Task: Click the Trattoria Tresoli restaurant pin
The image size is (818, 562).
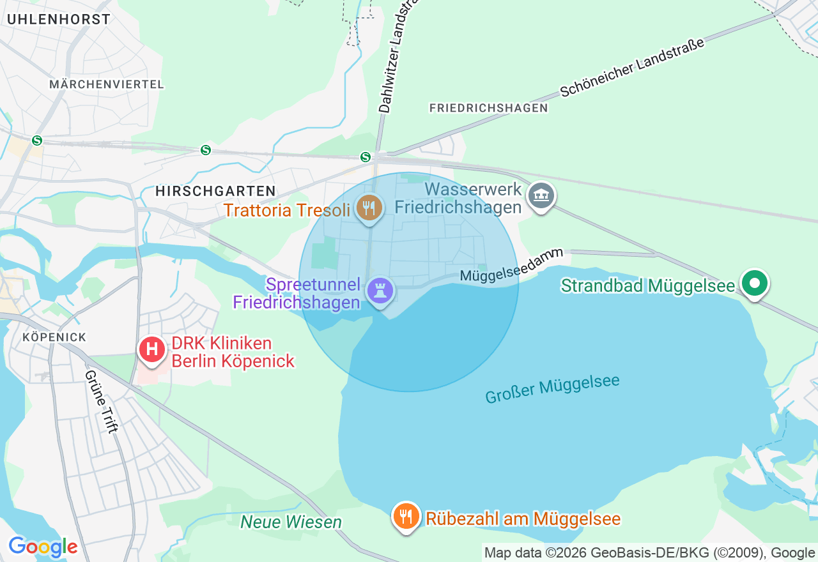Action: [x=369, y=208]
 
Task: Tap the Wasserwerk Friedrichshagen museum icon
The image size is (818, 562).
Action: [x=541, y=196]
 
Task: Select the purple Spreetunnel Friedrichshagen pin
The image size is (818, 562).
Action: [x=380, y=292]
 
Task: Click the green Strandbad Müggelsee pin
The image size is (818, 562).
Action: [x=755, y=283]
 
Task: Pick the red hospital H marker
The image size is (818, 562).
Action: [x=152, y=349]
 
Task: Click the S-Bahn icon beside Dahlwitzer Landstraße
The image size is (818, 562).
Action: [x=366, y=156]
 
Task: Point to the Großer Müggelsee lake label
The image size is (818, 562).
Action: [x=552, y=389]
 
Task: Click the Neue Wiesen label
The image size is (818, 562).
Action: [x=291, y=522]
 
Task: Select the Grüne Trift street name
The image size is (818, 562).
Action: [x=102, y=402]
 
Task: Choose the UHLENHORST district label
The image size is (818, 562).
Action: [x=59, y=19]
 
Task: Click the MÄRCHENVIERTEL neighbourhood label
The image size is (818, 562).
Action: [x=107, y=84]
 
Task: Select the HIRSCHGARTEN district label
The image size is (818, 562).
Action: [x=215, y=191]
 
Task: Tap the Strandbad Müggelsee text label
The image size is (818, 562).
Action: [x=648, y=285]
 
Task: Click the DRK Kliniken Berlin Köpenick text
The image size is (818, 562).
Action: [x=233, y=353]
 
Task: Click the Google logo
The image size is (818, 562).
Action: [x=43, y=547]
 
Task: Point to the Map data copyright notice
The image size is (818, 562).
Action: [x=649, y=553]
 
